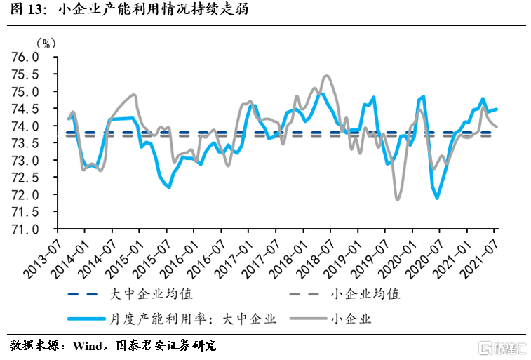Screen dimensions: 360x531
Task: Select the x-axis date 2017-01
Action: point(235,255)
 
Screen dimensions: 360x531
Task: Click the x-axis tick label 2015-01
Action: point(126,255)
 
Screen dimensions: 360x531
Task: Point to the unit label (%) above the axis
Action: point(44,42)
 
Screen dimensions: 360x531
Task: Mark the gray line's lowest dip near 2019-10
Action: point(398,200)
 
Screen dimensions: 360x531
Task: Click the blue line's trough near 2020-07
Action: point(438,199)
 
